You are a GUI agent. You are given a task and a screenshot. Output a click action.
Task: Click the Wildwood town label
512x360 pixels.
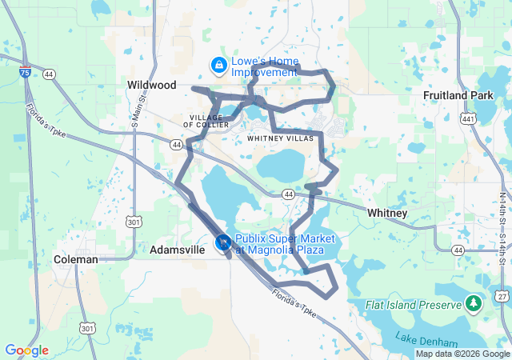coord(152,84)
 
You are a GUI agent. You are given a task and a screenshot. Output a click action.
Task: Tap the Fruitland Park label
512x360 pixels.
coord(458,95)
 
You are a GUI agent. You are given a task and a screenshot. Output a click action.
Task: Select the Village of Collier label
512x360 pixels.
coord(210,121)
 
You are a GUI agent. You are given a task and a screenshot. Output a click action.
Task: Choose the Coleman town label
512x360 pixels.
coord(75,259)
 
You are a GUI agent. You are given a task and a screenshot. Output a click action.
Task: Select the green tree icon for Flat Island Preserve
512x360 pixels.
coord(474,304)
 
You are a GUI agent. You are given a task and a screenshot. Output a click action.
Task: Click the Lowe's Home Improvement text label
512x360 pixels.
coord(264,66)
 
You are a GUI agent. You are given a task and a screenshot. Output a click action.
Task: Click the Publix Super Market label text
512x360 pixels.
coord(279,245)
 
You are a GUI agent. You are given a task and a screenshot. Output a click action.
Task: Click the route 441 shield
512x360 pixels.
coord(467,118)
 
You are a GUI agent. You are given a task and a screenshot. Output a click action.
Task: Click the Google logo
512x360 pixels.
coord(26,350)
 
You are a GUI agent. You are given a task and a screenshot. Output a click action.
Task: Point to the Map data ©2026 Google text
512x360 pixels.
coord(462,354)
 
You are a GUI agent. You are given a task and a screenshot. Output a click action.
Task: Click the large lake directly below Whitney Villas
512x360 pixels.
coord(281,166)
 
